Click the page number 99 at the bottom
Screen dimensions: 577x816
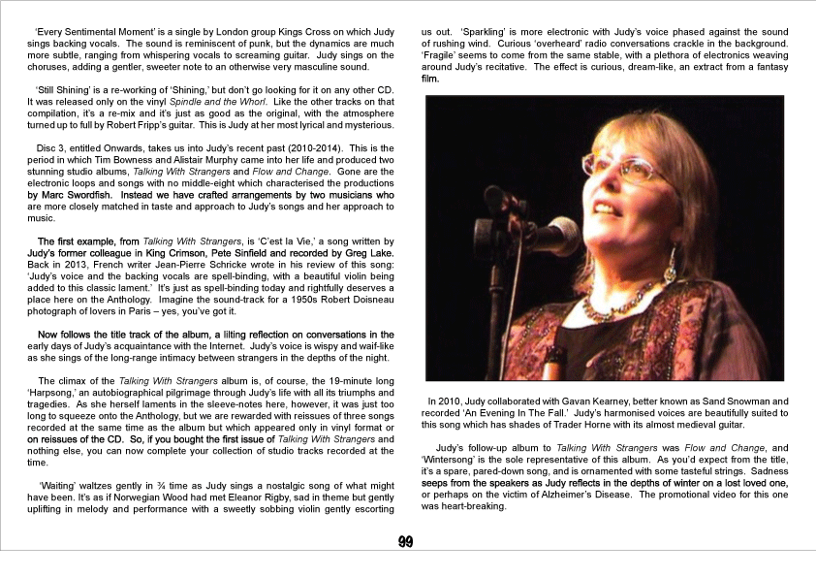point(407,542)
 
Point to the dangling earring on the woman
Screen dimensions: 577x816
point(671,263)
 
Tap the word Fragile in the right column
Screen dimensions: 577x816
point(440,57)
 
